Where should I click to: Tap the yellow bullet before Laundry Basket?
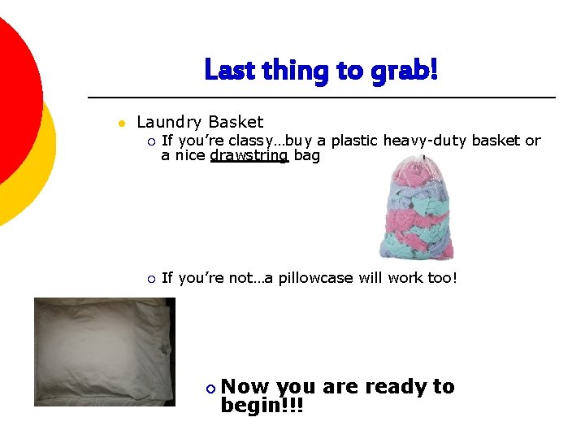click(119, 124)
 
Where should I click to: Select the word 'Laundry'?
click(169, 123)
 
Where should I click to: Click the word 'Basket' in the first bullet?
click(236, 123)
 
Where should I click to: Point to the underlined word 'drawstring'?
click(249, 155)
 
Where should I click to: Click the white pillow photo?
click(103, 351)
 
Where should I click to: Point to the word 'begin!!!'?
click(262, 405)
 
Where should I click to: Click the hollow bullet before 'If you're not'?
click(150, 279)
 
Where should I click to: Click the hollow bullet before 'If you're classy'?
click(150, 141)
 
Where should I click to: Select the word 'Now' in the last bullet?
click(246, 387)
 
